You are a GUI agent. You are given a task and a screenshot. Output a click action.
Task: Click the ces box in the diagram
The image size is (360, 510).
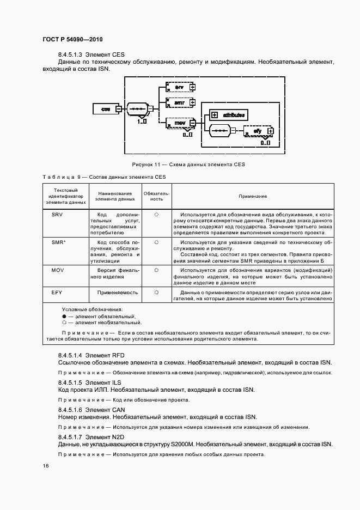(106, 110)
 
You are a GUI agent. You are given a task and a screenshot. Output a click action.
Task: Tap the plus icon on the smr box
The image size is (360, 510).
(192, 102)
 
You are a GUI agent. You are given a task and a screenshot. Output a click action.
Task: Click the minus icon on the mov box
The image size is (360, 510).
(192, 124)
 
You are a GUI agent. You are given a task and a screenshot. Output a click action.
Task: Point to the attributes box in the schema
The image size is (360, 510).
(229, 114)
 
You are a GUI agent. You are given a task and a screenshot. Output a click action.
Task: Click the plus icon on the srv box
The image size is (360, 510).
(192, 87)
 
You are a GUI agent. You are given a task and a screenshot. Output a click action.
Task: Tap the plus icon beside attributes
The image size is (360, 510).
(215, 114)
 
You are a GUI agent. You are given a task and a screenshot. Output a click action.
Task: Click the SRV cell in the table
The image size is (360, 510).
(57, 215)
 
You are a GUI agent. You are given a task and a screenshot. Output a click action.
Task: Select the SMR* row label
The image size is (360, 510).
(58, 241)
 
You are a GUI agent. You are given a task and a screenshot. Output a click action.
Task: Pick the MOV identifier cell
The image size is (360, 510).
(58, 270)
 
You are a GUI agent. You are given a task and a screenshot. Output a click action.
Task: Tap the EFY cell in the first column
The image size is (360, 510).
(57, 293)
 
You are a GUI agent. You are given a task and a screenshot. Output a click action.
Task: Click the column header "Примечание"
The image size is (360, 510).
(253, 196)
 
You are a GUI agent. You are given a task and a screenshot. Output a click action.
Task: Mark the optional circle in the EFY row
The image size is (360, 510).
(156, 293)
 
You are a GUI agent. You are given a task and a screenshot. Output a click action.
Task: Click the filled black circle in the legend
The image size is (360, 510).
(64, 317)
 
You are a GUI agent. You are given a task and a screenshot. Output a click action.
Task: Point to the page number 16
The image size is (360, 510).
(45, 465)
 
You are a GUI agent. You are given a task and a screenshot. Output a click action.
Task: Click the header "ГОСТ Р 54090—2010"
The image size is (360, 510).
(72, 40)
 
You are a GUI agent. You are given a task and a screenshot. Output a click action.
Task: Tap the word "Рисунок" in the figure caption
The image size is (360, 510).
(143, 164)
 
